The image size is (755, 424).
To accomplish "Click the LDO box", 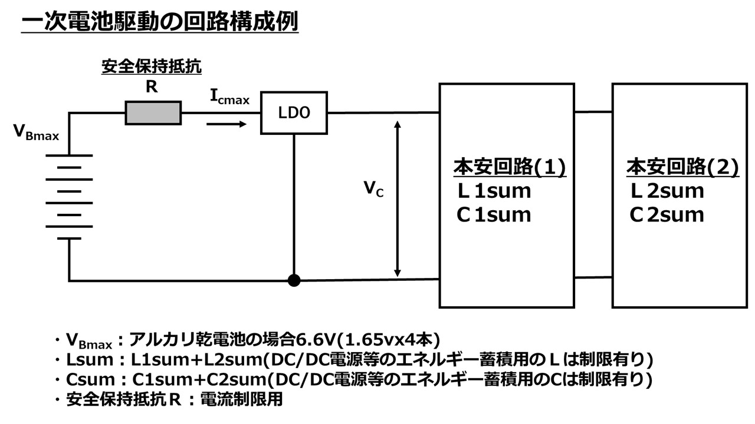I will pos(294,112).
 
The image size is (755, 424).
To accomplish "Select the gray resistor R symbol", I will pos(153,112).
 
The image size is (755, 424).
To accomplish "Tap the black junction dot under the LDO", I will pos(294,280).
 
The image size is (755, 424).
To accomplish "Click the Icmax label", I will pos(229,98).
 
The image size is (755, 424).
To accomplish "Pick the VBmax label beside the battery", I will pos(36,132).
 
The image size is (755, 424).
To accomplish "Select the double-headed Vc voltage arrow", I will pos(398,198).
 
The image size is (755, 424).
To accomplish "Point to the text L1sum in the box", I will pos(495,191).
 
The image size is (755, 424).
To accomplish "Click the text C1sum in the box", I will pos(494,214).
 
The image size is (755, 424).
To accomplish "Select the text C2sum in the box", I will pos(667,214).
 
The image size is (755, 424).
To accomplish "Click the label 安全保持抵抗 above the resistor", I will pos(152,67).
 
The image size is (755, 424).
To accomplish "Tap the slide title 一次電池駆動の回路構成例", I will pos(159,22).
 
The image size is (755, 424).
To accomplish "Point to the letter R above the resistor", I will pos(152,87).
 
